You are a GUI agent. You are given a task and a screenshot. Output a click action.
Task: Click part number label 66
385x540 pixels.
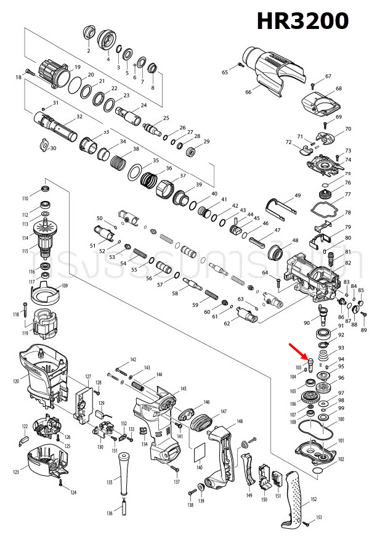click(248, 92)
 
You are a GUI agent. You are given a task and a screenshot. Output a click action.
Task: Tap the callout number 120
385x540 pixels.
click(17, 382)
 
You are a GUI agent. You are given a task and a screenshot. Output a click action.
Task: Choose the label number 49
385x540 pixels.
click(298, 195)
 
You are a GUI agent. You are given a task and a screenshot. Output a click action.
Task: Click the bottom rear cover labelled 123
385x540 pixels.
click(44, 461)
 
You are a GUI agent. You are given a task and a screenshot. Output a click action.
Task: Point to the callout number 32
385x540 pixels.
click(79, 117)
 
